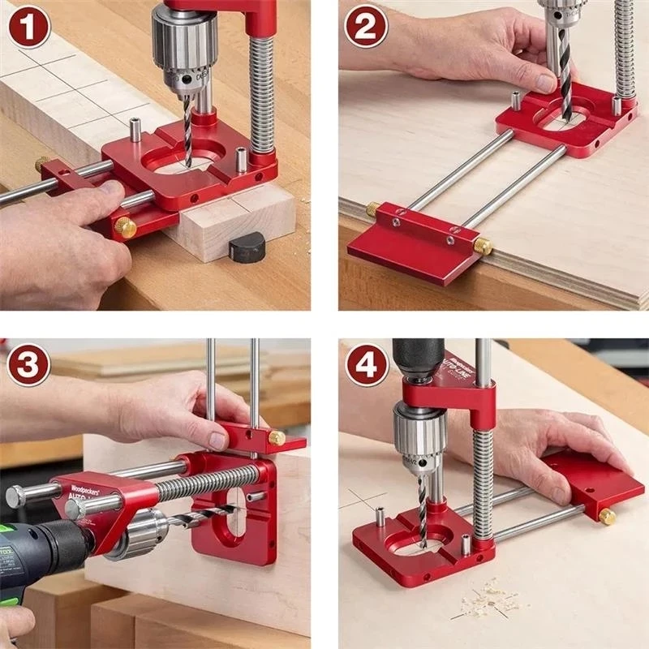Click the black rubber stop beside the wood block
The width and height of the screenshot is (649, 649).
tap(247, 246)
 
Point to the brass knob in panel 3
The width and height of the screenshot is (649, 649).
tap(277, 438)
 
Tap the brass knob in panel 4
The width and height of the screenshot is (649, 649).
tap(606, 516)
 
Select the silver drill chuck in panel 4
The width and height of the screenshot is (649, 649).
tap(419, 438)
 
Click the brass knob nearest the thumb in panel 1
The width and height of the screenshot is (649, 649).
tap(125, 228)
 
